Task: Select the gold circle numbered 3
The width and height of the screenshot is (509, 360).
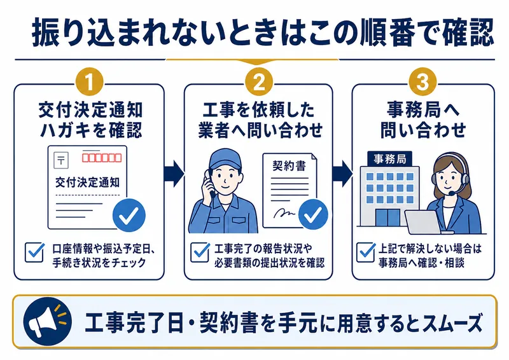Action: click(423, 83)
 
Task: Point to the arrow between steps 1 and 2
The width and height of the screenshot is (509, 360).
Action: click(174, 170)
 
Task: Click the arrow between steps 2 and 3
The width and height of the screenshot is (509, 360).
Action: click(342, 170)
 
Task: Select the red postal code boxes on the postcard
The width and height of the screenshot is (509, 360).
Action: click(101, 156)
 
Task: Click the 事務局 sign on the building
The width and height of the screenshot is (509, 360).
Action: click(386, 157)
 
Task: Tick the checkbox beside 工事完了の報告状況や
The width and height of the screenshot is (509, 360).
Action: click(199, 253)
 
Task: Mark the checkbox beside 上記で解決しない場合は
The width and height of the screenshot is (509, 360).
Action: click(365, 253)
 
